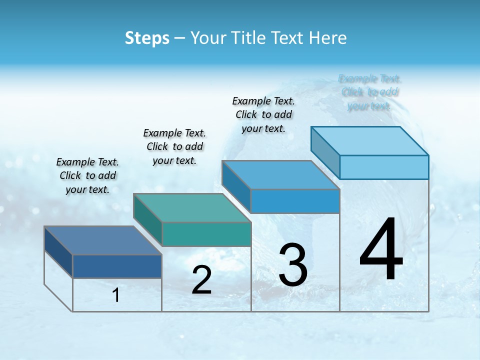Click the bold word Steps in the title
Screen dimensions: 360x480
click(146, 38)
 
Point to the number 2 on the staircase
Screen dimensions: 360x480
click(201, 280)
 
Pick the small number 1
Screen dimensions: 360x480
click(116, 295)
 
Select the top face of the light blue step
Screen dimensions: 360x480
click(370, 141)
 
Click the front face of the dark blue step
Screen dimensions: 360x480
click(117, 266)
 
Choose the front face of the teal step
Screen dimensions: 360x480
click(206, 234)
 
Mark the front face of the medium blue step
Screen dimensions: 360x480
click(295, 201)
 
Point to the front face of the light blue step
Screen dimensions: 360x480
click(384, 167)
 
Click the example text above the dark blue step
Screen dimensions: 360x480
click(87, 175)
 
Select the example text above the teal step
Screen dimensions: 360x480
click(174, 146)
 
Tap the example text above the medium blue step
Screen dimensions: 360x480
click(263, 114)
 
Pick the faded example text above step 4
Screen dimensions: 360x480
click(370, 92)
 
